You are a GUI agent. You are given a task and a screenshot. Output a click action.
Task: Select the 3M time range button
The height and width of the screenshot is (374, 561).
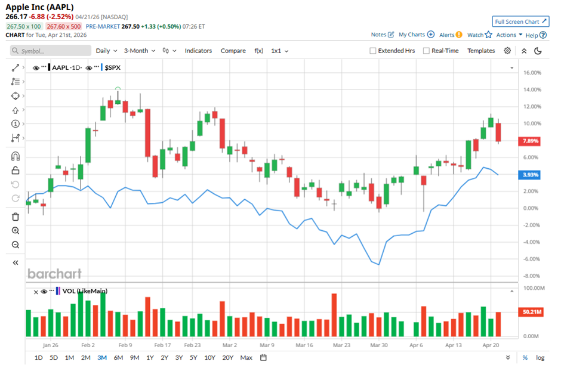coord(102,358)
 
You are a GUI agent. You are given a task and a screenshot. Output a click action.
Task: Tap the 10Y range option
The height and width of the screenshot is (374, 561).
coord(209,358)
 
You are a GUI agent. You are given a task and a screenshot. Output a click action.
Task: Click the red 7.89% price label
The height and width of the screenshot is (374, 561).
coord(531,141)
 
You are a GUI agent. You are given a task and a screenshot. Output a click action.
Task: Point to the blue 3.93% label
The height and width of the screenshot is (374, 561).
coord(531,175)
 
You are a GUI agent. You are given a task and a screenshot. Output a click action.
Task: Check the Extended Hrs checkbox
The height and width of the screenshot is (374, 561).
coord(373,51)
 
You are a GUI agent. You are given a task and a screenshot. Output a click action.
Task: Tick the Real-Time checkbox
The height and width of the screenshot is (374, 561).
coord(426,51)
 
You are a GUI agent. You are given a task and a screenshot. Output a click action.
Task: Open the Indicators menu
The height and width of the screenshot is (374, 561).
coord(198,51)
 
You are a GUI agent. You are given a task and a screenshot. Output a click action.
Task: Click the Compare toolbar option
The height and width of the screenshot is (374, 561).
coord(233,51)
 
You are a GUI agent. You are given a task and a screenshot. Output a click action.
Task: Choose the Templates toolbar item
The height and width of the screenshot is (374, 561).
coord(481,51)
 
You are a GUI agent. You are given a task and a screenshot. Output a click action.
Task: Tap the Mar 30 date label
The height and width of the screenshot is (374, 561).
coord(378,345)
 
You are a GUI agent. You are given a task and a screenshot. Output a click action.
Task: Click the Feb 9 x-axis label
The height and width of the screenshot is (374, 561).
coord(124,345)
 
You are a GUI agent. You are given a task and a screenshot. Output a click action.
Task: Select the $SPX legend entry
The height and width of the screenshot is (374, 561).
coord(112,68)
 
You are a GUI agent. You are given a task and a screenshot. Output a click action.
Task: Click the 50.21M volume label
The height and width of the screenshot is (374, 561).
coord(532,312)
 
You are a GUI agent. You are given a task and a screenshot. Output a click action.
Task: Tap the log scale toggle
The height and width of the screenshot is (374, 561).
coord(540,358)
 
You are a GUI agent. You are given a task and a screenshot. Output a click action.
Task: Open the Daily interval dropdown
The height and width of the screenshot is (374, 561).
coord(106,51)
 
